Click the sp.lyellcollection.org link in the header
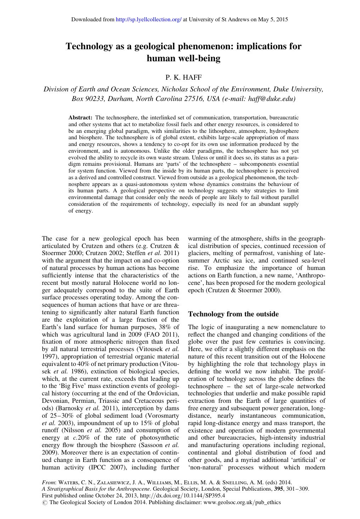[149, 19]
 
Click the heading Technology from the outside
[233, 314]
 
